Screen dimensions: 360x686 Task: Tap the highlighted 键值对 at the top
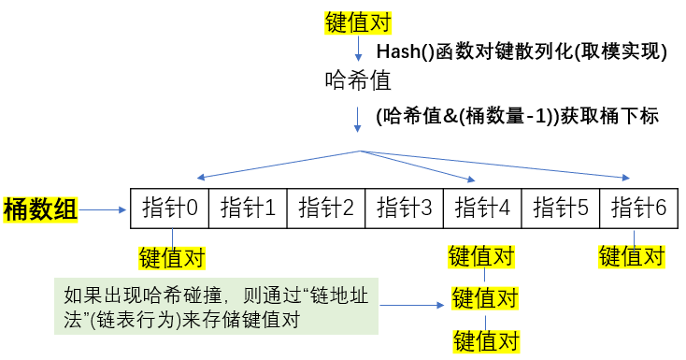tap(357, 23)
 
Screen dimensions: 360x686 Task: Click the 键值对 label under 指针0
tap(171, 257)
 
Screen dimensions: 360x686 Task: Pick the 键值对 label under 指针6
tap(631, 255)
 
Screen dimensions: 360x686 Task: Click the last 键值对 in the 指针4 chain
tap(485, 339)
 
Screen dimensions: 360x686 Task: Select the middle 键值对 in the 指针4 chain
tap(485, 299)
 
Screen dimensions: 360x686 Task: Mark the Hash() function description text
tap(521, 52)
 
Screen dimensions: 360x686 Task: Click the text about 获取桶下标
tap(517, 117)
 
